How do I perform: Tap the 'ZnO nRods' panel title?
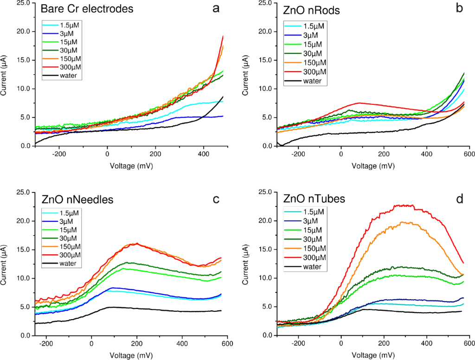(307, 9)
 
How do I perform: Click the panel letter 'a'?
(216, 8)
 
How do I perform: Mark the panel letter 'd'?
(459, 199)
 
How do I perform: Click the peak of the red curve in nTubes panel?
(404, 205)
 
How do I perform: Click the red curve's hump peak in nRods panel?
(359, 103)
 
